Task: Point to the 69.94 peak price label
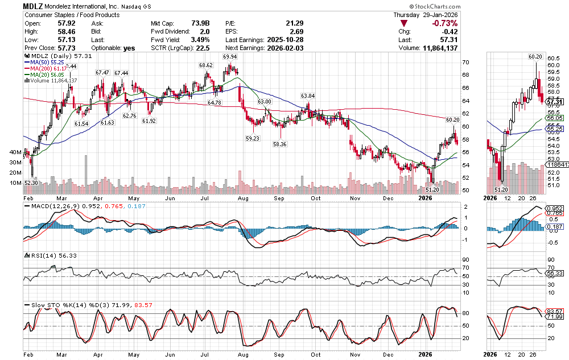pyautogui.click(x=230, y=57)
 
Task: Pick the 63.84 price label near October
pyautogui.click(x=308, y=96)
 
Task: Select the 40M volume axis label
pyautogui.click(x=14, y=152)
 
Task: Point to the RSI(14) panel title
pyautogui.click(x=39, y=255)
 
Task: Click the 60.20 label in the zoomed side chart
pyautogui.click(x=535, y=56)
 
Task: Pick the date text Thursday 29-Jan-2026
pyautogui.click(x=426, y=14)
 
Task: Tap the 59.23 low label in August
pyautogui.click(x=252, y=138)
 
